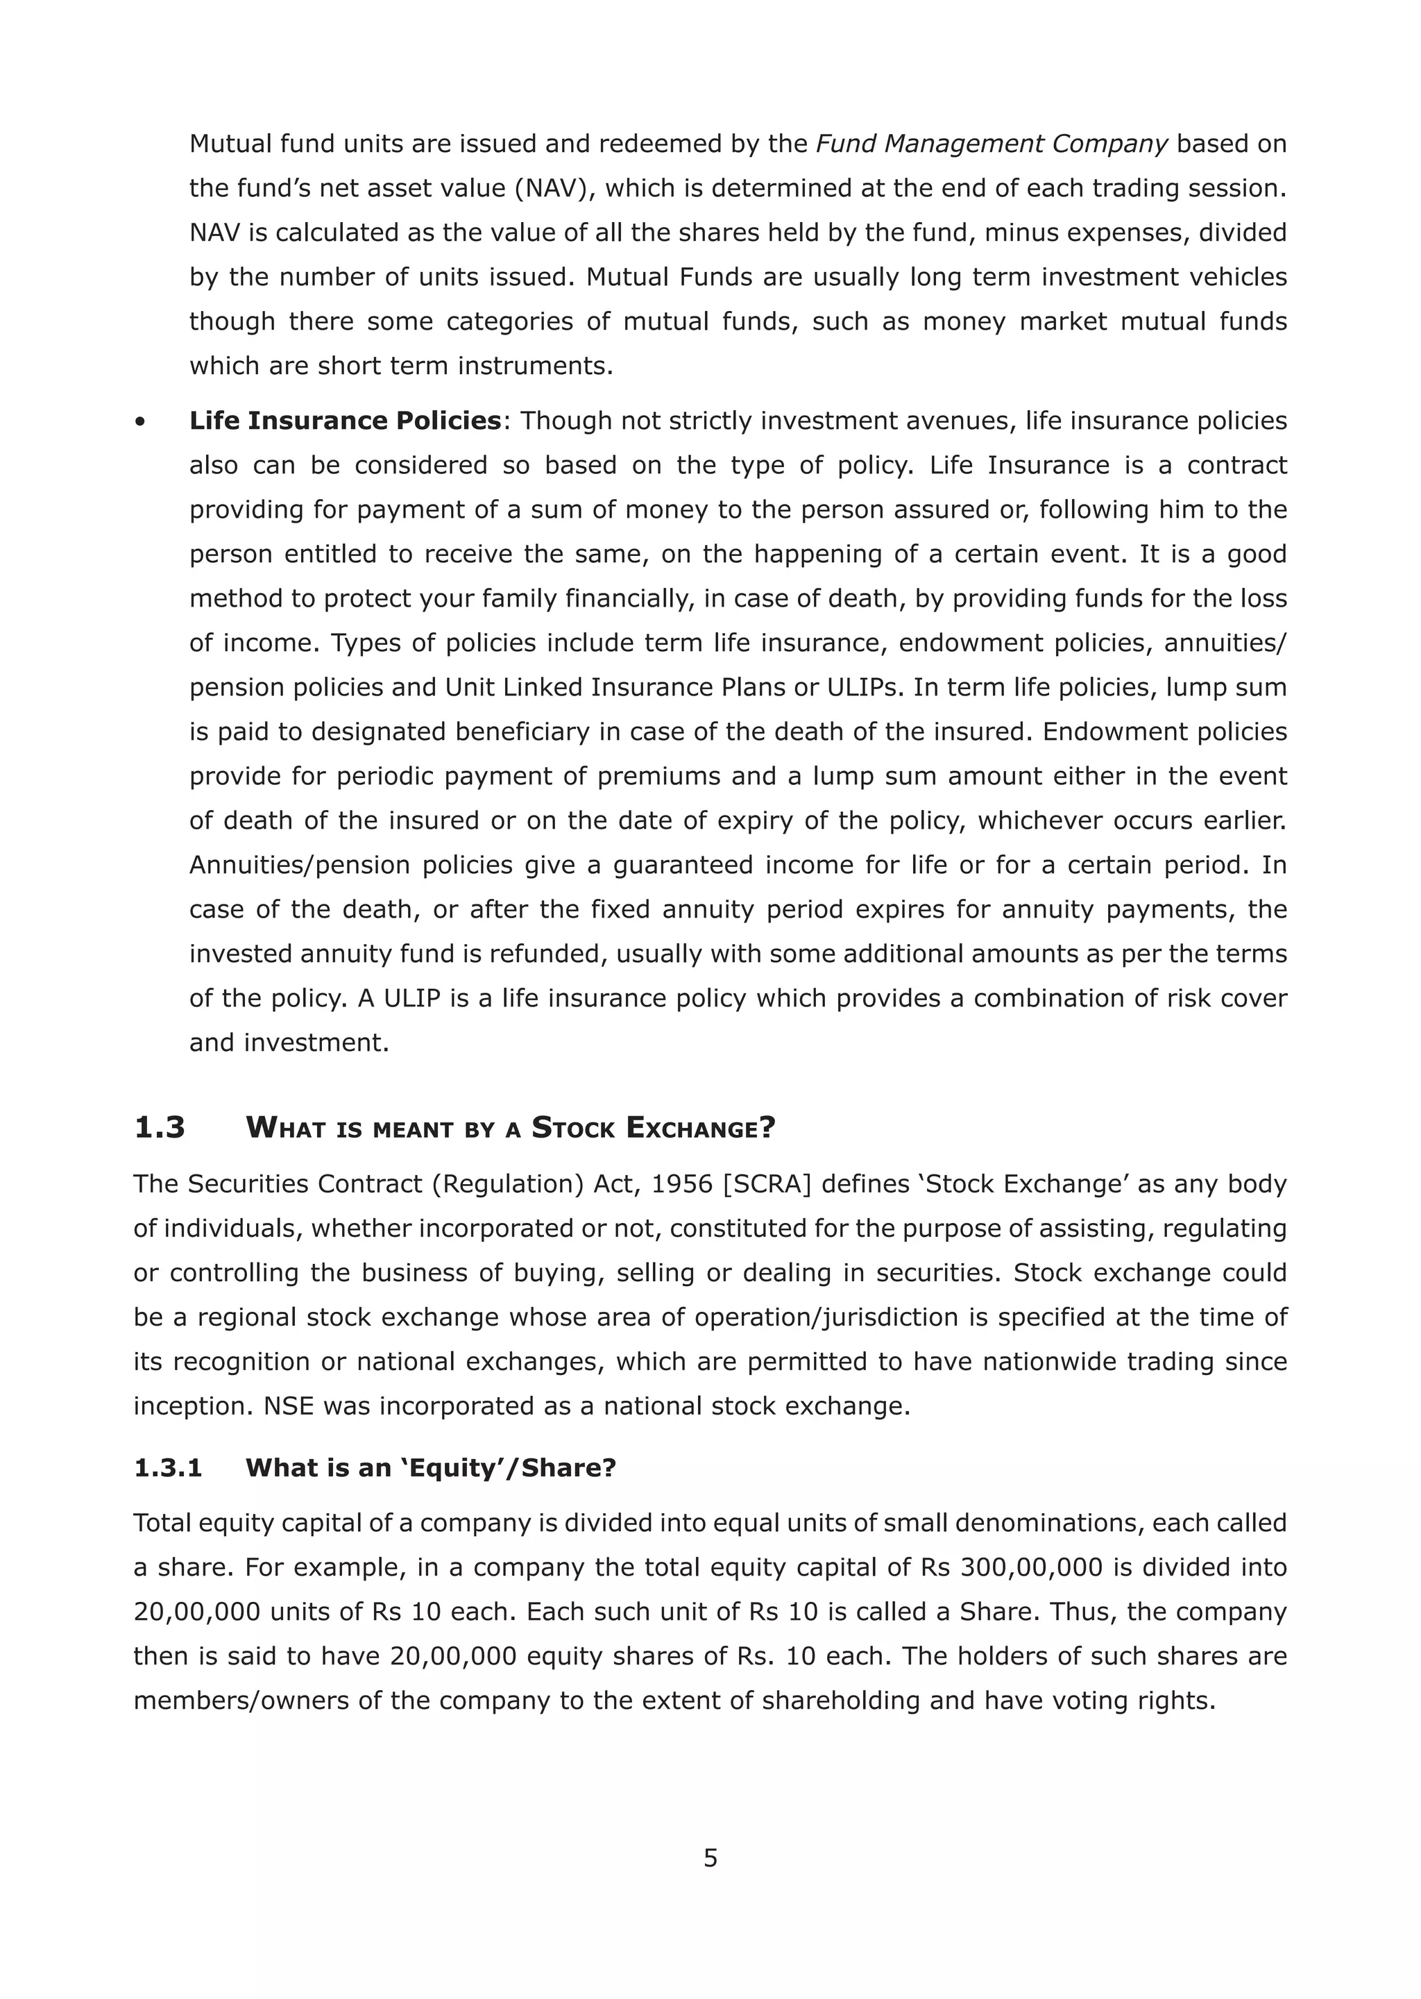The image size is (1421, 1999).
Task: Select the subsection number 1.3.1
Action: [x=167, y=1468]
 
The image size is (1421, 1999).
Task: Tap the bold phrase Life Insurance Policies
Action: [x=345, y=421]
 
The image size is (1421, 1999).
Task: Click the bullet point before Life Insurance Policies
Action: [x=139, y=423]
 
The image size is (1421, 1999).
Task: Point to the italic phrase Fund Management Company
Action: [x=992, y=144]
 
